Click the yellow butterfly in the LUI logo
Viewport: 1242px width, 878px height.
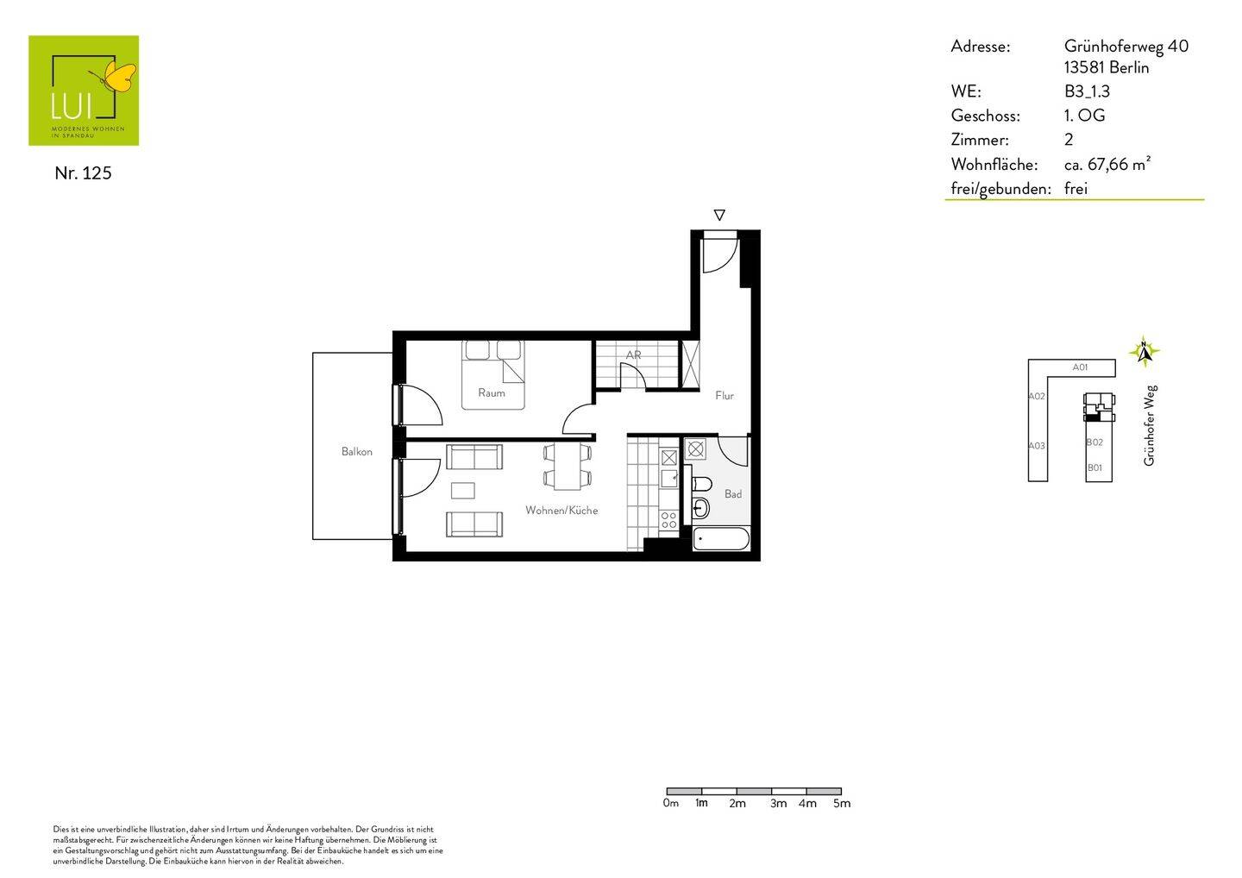119,77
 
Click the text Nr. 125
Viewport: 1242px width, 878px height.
83,172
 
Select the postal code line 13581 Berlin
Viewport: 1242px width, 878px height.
1106,67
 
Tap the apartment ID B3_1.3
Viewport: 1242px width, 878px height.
1087,91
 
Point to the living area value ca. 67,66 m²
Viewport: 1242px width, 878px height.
1107,164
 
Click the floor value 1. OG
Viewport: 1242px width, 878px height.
1084,116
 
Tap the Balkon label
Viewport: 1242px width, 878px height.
356,451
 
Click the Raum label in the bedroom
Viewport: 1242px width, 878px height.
491,392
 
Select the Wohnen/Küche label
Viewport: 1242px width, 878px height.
561,510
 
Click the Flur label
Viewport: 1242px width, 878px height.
724,395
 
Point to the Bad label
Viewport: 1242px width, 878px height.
732,493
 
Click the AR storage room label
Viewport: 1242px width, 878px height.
633,354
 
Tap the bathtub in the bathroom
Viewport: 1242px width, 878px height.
721,540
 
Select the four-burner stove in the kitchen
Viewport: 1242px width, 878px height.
668,519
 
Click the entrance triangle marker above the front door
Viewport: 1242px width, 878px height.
719,215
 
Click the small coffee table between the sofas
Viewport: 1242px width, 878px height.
463,490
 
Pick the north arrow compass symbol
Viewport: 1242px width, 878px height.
1144,351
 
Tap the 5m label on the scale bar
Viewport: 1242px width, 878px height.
841,803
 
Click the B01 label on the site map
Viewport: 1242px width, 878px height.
1094,467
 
